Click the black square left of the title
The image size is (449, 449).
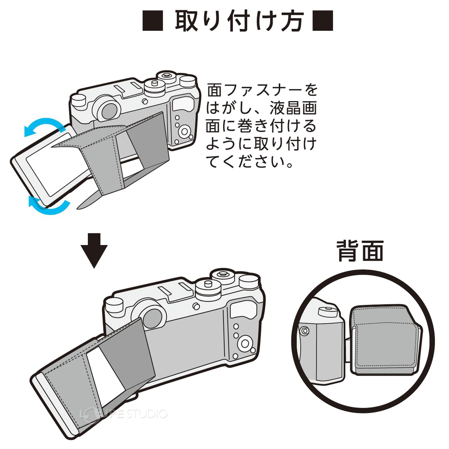pyautogui.click(x=153, y=21)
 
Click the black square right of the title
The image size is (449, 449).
pyautogui.click(x=323, y=21)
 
